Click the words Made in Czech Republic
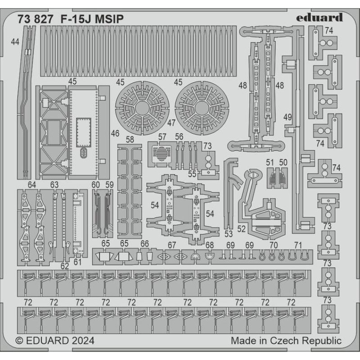(286, 341)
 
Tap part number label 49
(288, 117)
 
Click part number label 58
(130, 139)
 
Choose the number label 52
(242, 229)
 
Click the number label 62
(65, 266)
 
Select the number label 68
(210, 245)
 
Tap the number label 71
(297, 245)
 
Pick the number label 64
(31, 184)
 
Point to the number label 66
(144, 243)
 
